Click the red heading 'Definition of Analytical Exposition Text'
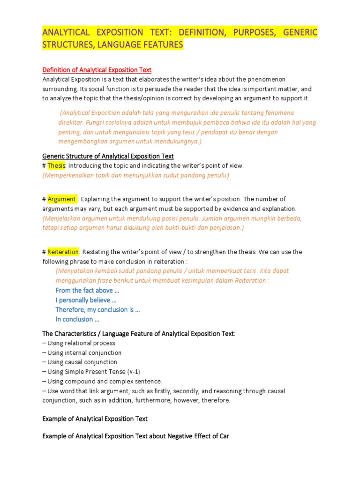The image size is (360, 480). click(97, 70)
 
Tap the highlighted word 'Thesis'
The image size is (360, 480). click(56, 165)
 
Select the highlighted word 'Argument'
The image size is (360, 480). click(61, 199)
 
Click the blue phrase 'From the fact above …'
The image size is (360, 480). click(84, 290)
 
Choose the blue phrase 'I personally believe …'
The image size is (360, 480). click(86, 300)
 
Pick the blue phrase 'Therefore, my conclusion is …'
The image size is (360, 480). click(98, 309)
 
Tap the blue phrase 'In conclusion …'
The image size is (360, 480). click(77, 319)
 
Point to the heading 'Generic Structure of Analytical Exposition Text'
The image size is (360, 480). click(108, 156)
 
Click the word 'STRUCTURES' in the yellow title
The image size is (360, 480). click(71, 45)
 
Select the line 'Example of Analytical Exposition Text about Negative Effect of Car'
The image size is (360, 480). click(135, 436)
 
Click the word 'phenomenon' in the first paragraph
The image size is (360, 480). click(265, 79)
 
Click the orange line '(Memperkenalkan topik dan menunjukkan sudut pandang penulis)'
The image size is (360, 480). click(135, 175)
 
